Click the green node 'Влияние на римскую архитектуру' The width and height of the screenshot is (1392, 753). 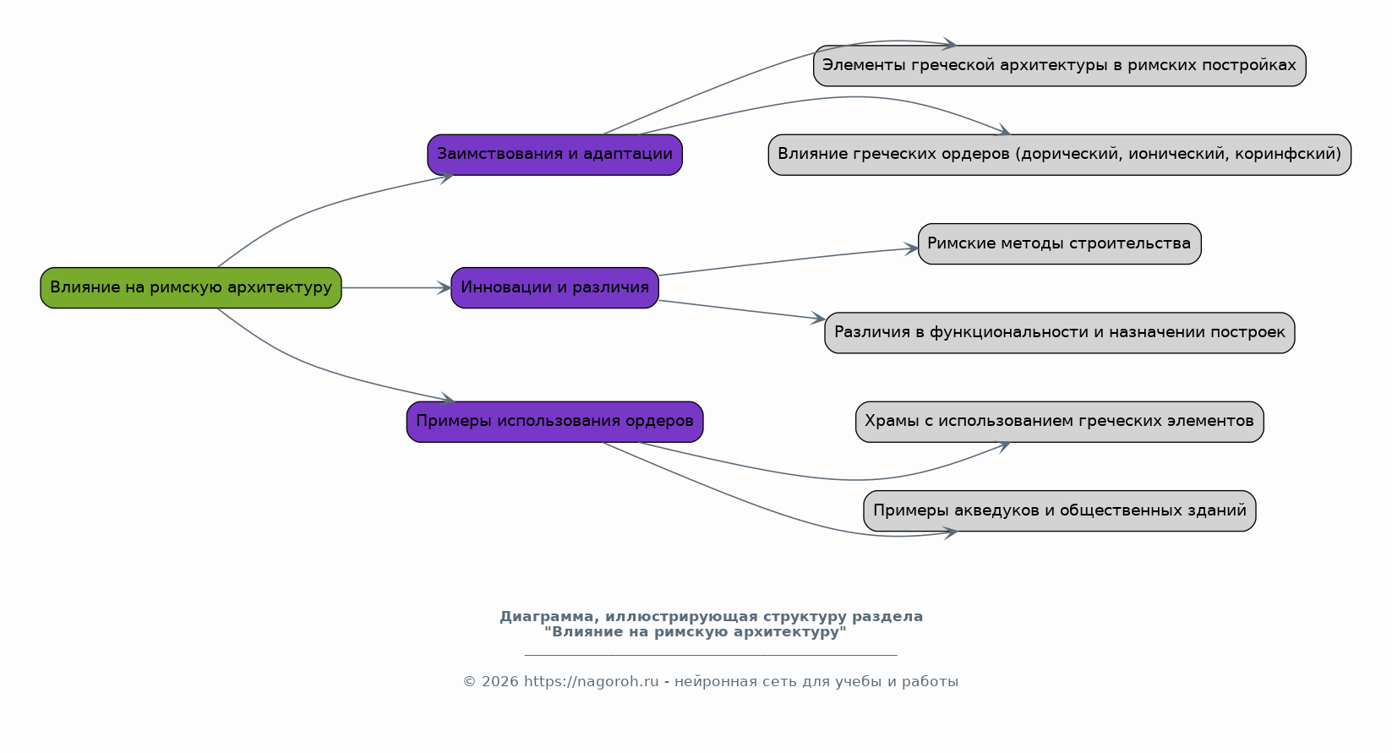[191, 287]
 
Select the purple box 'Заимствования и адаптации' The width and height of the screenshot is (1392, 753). [555, 155]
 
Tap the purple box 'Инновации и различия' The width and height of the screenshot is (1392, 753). [555, 287]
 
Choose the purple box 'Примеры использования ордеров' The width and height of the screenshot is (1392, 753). [555, 422]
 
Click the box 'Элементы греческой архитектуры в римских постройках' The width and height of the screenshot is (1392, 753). [1060, 66]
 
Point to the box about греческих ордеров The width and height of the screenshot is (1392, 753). [1060, 155]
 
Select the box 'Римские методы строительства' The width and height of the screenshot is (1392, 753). [1060, 243]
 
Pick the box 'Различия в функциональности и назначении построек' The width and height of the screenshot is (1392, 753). [1060, 333]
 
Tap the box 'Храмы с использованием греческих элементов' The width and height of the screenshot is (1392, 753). [1060, 422]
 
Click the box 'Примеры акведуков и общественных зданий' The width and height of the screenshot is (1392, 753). [1060, 510]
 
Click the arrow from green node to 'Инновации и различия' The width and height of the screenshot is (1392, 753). [396, 287]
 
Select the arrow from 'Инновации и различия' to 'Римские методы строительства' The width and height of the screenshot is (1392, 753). [789, 260]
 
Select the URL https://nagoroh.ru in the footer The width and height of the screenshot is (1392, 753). [591, 681]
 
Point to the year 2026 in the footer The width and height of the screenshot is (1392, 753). [499, 681]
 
